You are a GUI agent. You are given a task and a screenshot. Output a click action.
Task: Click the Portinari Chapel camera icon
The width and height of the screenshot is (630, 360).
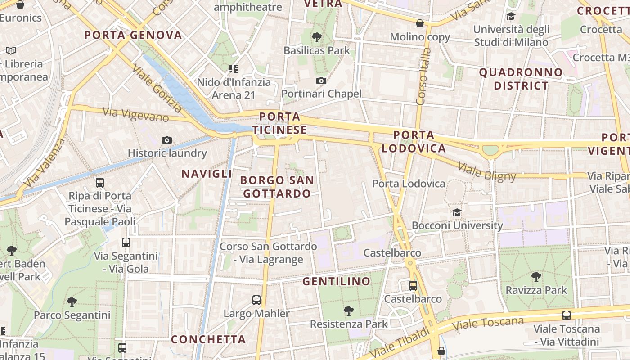click(321, 81)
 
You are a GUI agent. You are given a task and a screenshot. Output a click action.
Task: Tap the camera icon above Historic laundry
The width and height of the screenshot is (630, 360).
click(167, 140)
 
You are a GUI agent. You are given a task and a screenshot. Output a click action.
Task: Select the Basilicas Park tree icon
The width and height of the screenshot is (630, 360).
click(317, 37)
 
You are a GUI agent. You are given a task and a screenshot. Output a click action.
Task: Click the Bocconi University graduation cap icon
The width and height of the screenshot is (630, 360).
click(457, 212)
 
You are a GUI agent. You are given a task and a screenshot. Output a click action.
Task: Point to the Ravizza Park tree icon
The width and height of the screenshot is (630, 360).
click(535, 277)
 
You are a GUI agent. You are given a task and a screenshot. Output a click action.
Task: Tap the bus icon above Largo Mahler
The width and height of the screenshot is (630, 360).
click(256, 300)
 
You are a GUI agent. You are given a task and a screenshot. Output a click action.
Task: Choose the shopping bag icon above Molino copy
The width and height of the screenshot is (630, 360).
click(420, 23)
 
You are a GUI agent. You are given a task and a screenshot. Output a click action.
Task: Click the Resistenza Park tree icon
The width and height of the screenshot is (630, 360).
click(348, 310)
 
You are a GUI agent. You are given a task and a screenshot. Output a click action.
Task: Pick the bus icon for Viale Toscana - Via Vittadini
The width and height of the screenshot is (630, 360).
click(567, 315)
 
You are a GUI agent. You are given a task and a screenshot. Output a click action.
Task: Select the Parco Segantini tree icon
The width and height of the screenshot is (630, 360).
click(72, 301)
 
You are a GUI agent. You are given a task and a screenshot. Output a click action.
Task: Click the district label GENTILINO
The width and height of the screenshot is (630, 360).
click(337, 282)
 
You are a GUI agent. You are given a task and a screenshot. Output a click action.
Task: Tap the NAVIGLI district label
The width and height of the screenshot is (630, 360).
click(207, 174)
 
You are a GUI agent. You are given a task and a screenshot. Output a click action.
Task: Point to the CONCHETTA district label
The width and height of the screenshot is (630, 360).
click(208, 339)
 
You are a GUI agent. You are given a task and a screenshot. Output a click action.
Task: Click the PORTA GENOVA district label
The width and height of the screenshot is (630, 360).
click(133, 35)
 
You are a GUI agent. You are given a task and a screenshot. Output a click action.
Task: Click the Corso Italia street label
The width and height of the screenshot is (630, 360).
click(423, 76)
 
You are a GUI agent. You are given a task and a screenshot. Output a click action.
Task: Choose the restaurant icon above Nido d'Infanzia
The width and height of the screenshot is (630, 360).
click(233, 69)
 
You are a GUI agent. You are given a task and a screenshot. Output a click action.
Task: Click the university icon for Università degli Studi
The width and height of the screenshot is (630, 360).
click(511, 17)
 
